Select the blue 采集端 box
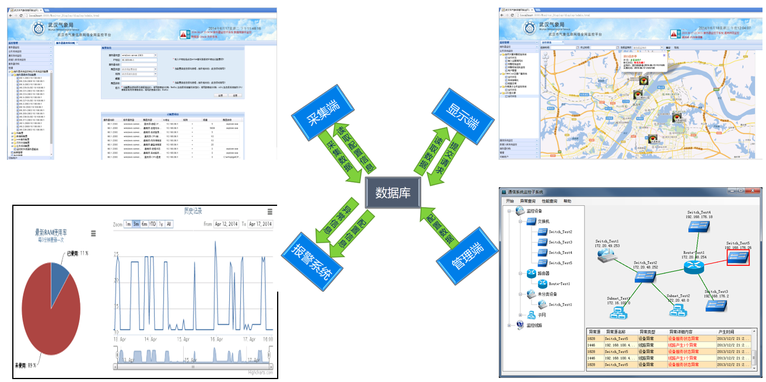[x=320, y=110]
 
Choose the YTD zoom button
[x=152, y=224]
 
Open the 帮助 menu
[x=567, y=201]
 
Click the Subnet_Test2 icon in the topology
[x=677, y=310]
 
